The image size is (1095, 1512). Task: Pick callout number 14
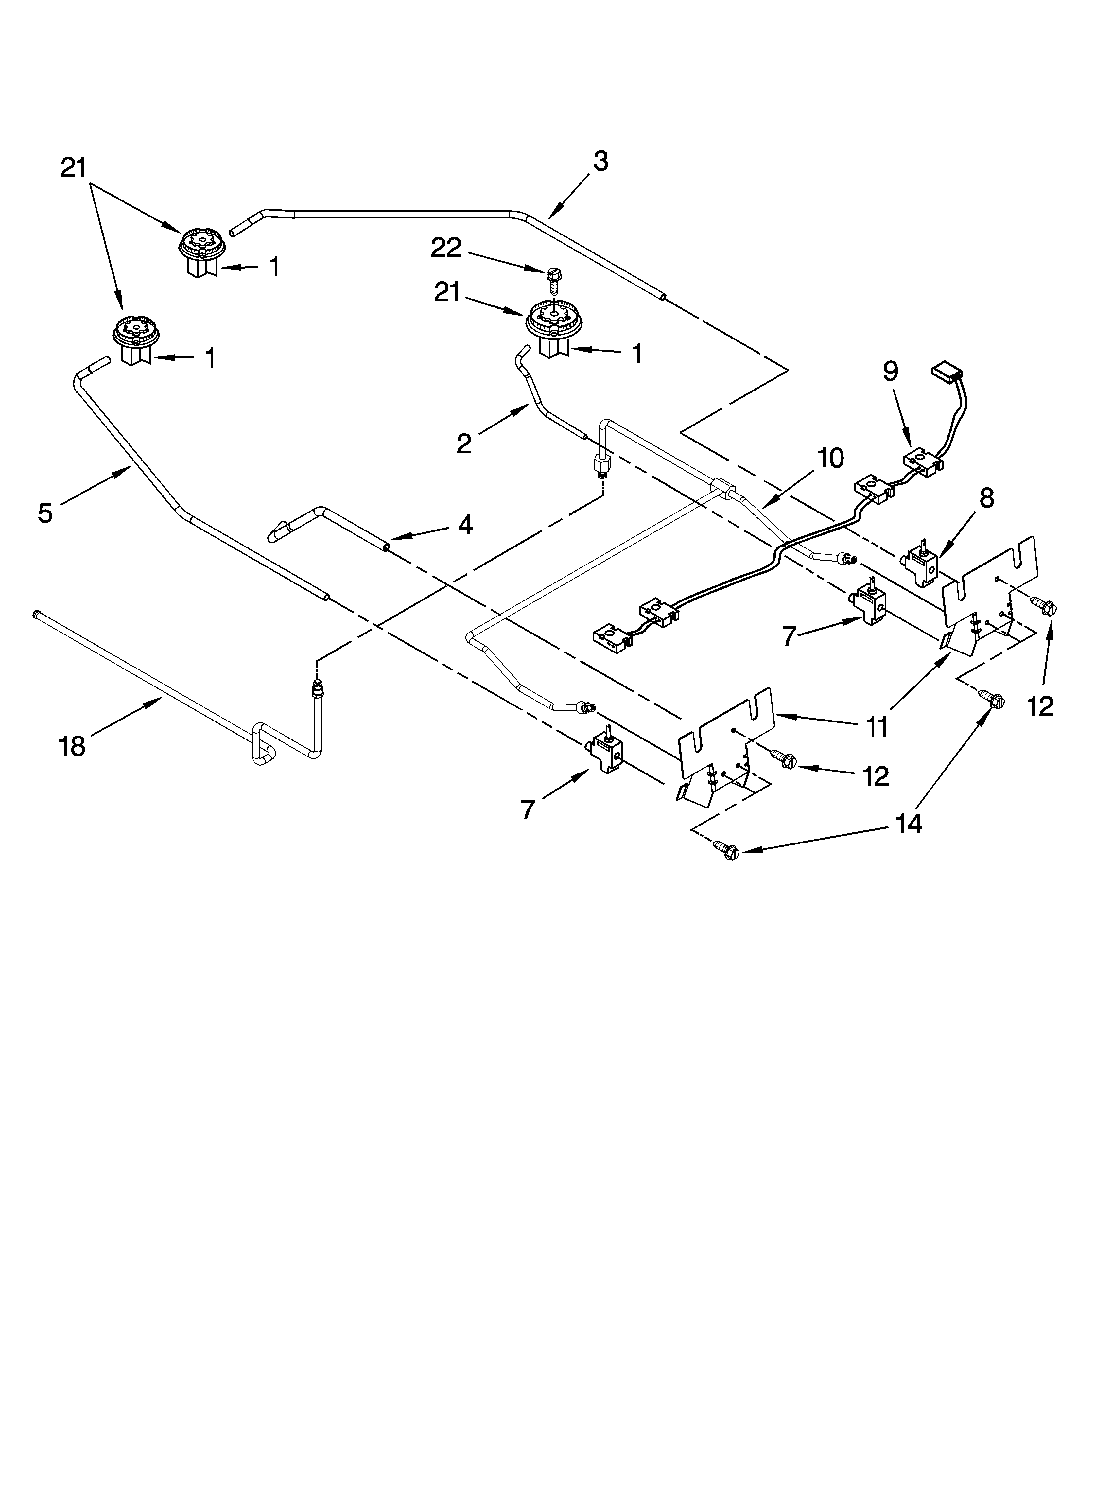click(909, 824)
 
